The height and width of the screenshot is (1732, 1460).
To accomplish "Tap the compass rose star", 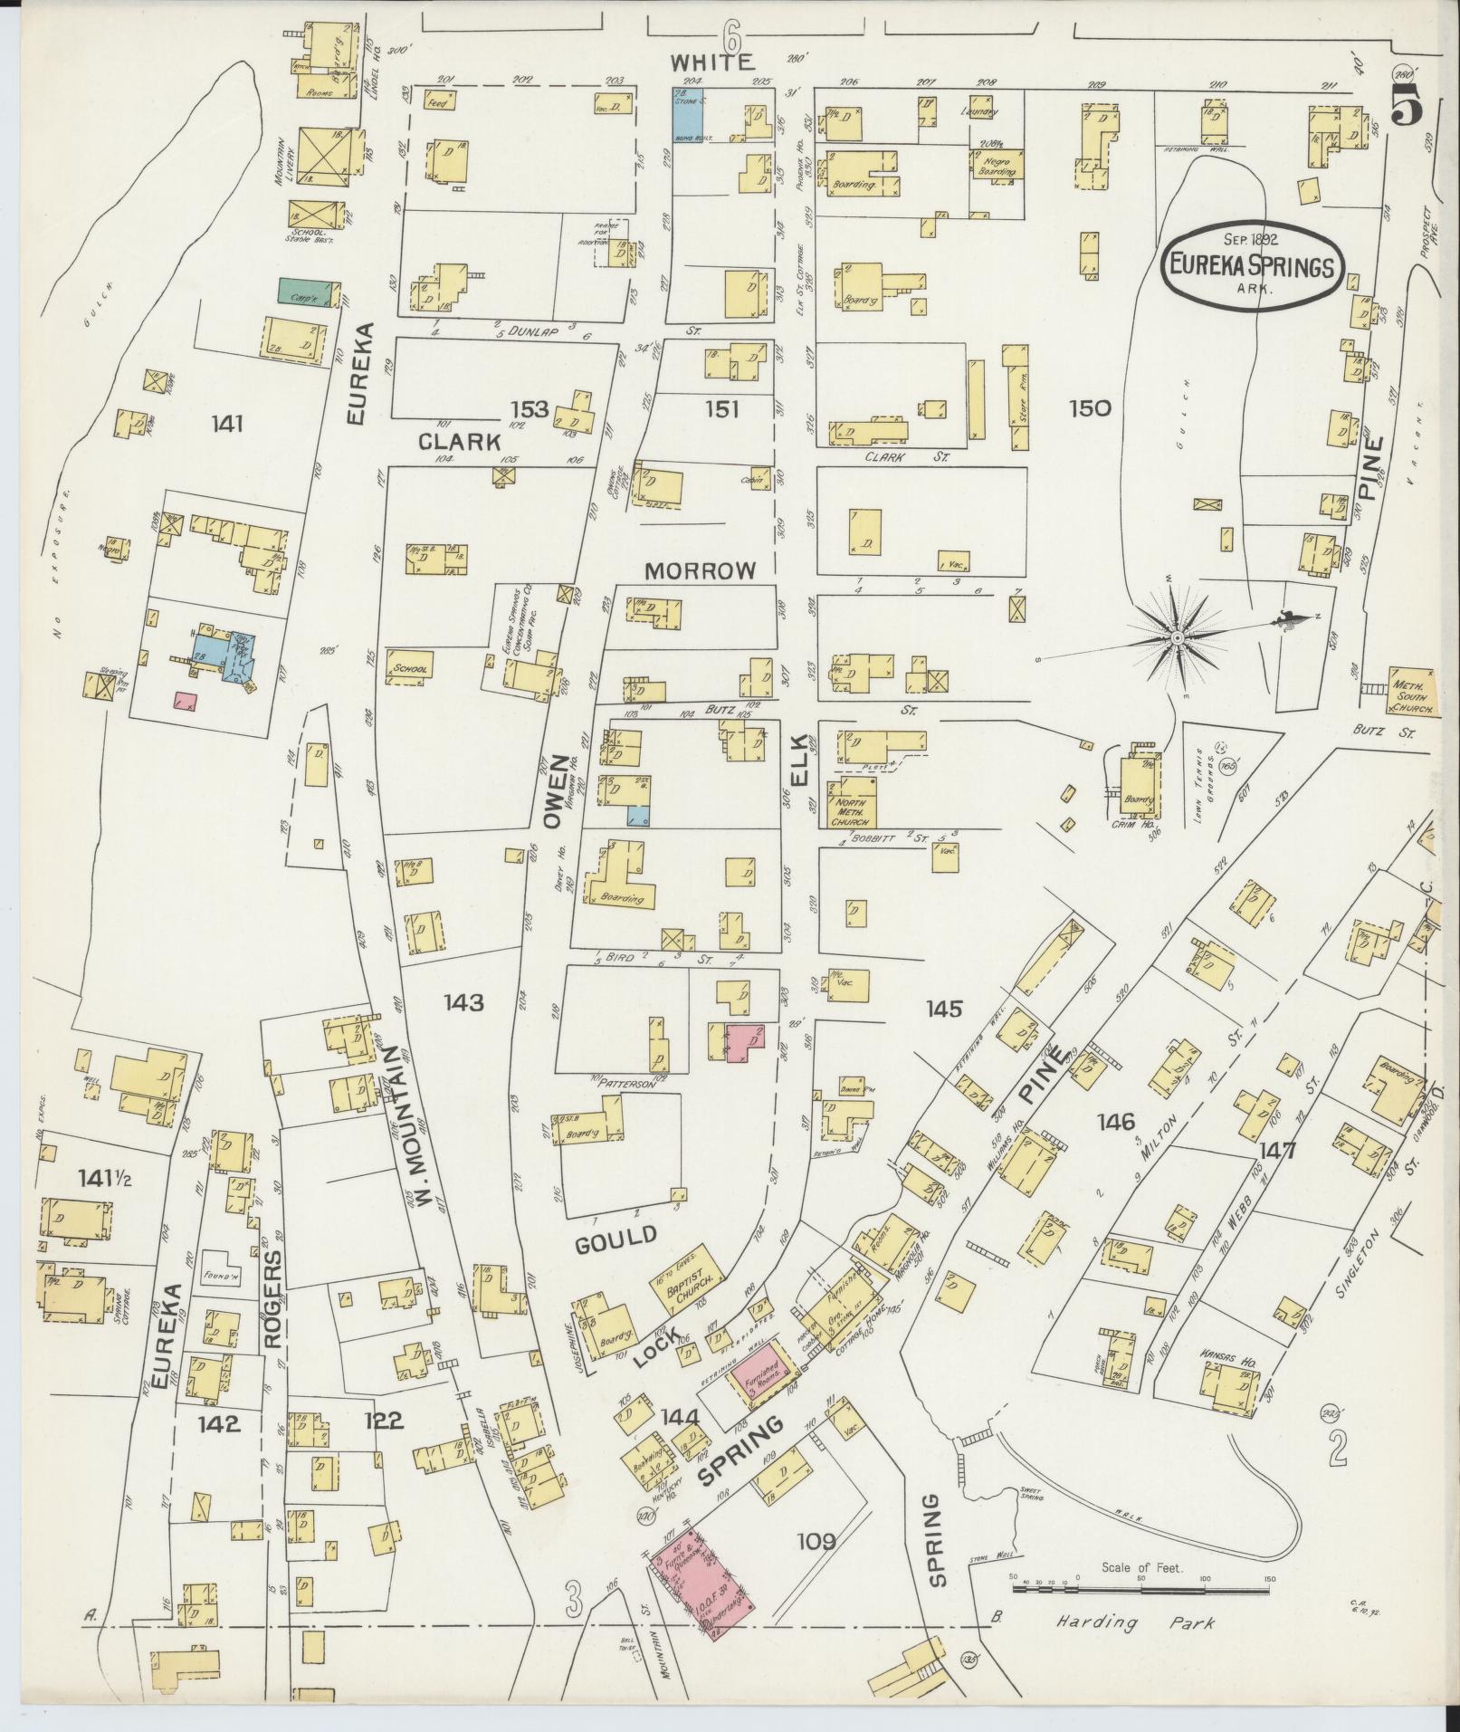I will pyautogui.click(x=1176, y=638).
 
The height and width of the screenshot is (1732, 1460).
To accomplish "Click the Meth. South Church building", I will pyautogui.click(x=1412, y=693).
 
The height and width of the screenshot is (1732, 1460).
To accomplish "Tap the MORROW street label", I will pyautogui.click(x=700, y=571).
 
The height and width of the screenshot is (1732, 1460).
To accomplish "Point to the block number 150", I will pyautogui.click(x=1089, y=408).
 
